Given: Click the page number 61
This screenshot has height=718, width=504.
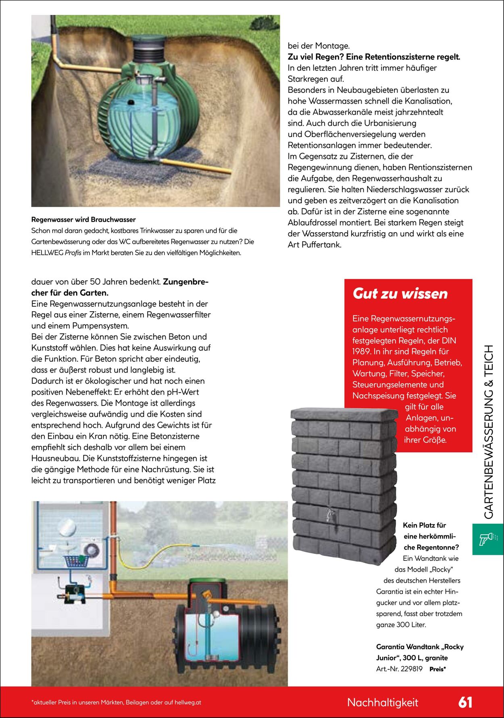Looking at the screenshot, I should pos(465,702).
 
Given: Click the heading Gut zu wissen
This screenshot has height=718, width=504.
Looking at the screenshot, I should pos(400,293).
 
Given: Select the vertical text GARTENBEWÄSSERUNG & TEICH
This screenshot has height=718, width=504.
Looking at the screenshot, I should pos(489,431).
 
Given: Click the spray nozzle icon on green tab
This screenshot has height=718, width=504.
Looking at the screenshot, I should pos(487,539).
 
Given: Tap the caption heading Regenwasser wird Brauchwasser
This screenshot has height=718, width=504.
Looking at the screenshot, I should pos(83,220).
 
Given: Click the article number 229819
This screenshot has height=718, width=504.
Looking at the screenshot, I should pos(411,669).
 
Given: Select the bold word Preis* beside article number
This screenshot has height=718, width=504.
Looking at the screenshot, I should pos(437,669).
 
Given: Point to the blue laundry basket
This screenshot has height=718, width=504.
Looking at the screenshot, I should pos(76,560).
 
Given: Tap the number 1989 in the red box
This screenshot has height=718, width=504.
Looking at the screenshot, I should pos(361,352).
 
